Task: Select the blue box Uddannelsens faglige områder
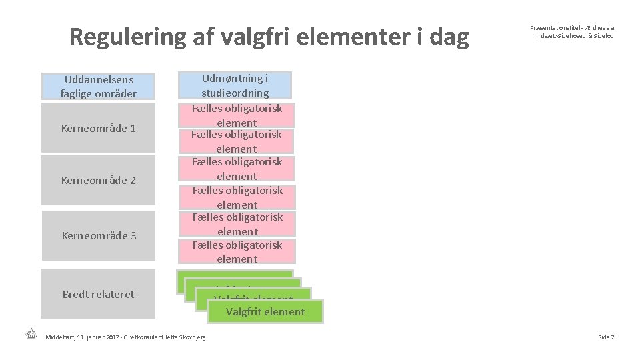pyautogui.click(x=98, y=87)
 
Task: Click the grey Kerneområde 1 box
pyautogui.click(x=98, y=128)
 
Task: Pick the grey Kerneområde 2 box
pyautogui.click(x=98, y=180)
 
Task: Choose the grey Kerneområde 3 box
pyautogui.click(x=98, y=235)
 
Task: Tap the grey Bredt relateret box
pyautogui.click(x=98, y=294)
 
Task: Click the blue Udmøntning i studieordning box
pyautogui.click(x=235, y=85)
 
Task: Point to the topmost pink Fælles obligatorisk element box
pyautogui.click(x=237, y=115)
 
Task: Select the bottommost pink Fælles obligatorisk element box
pyautogui.click(x=237, y=252)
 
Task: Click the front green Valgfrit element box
pyautogui.click(x=265, y=311)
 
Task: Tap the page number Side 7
pyautogui.click(x=606, y=337)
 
